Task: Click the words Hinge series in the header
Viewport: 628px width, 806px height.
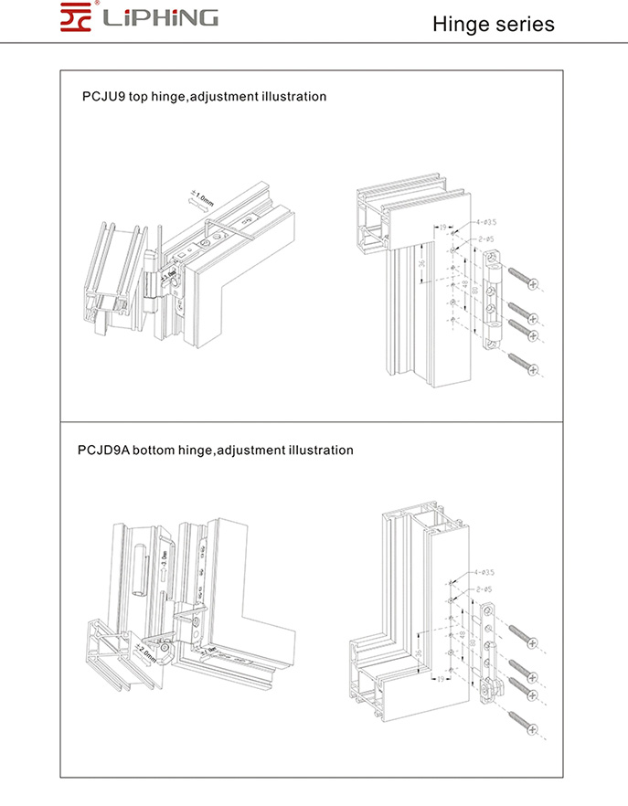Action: click(493, 24)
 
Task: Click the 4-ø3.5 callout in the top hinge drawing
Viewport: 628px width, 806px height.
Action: click(484, 221)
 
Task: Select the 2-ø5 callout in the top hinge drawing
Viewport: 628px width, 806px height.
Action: click(484, 239)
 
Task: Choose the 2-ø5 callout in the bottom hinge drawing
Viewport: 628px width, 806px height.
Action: click(484, 590)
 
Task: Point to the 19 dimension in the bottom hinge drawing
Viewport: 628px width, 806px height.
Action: click(441, 680)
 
